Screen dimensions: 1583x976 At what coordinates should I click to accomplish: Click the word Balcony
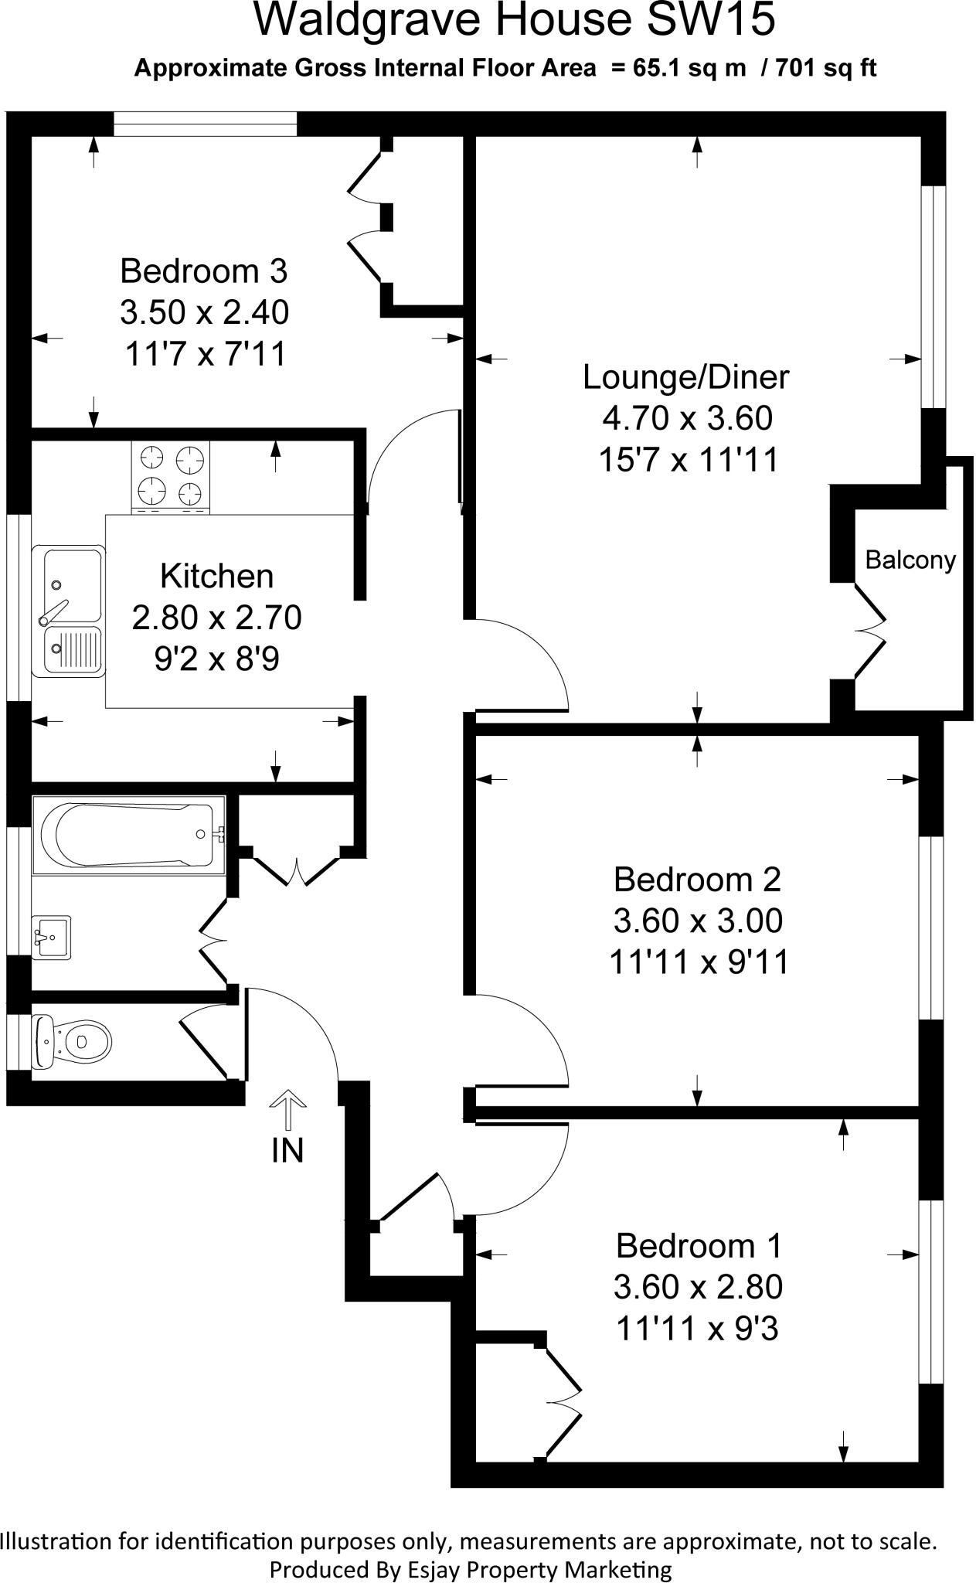coord(910,560)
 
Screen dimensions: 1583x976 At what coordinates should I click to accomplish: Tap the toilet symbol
coord(74,1040)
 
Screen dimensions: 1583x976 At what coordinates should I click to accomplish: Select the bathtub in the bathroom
coord(128,835)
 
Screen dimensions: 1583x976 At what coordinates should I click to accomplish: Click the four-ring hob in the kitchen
coord(171,476)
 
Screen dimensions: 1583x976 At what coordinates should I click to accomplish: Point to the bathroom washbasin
coord(51,938)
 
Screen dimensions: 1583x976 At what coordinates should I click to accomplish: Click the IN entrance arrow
coord(287,1114)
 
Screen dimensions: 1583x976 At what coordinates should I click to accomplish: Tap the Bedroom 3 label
coord(204,271)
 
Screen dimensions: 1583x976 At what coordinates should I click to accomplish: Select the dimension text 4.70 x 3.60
coord(687,418)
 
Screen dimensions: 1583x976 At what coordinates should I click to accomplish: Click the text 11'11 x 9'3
coord(697,1329)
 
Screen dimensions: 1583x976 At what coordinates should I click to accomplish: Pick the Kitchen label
coord(216,577)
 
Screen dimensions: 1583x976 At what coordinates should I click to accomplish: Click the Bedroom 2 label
coord(697,879)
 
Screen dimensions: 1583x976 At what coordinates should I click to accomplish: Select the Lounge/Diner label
coord(686,377)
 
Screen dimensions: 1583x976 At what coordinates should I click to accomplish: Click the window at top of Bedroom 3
coord(205,124)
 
